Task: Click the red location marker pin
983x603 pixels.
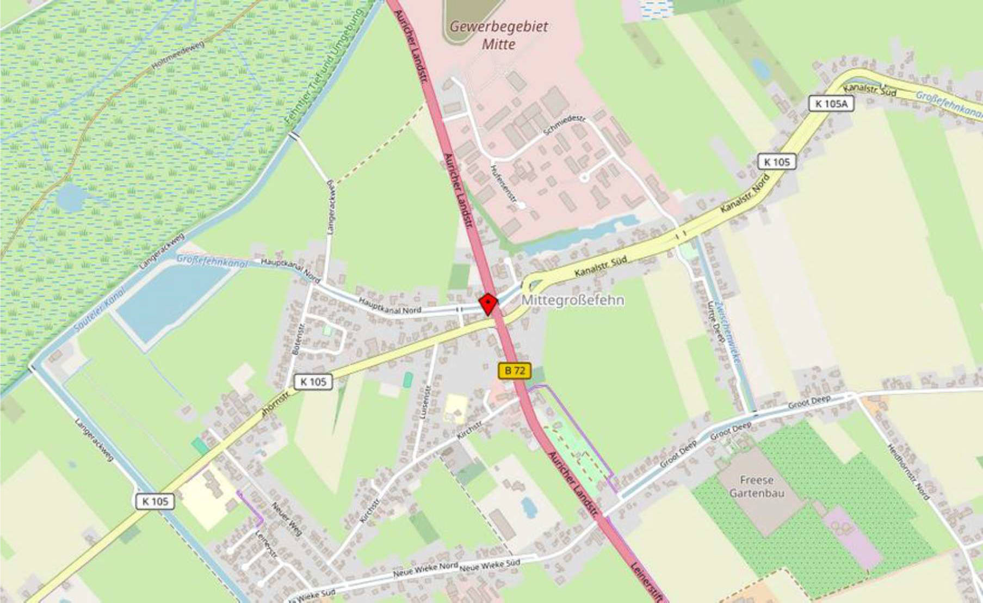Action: click(488, 304)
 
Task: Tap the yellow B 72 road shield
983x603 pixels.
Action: click(515, 371)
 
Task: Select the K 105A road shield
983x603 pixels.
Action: click(831, 103)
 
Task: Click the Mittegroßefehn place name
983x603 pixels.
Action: click(573, 300)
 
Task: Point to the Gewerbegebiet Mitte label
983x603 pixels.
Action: click(499, 35)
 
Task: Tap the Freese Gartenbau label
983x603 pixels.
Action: click(756, 487)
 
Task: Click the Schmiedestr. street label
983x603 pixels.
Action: click(564, 126)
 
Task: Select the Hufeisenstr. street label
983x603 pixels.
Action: click(503, 184)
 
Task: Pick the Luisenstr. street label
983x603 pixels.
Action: click(425, 402)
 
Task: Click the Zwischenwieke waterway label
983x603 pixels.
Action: click(728, 332)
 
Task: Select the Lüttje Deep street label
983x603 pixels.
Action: click(715, 321)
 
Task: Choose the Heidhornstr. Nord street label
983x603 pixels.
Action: click(908, 471)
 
